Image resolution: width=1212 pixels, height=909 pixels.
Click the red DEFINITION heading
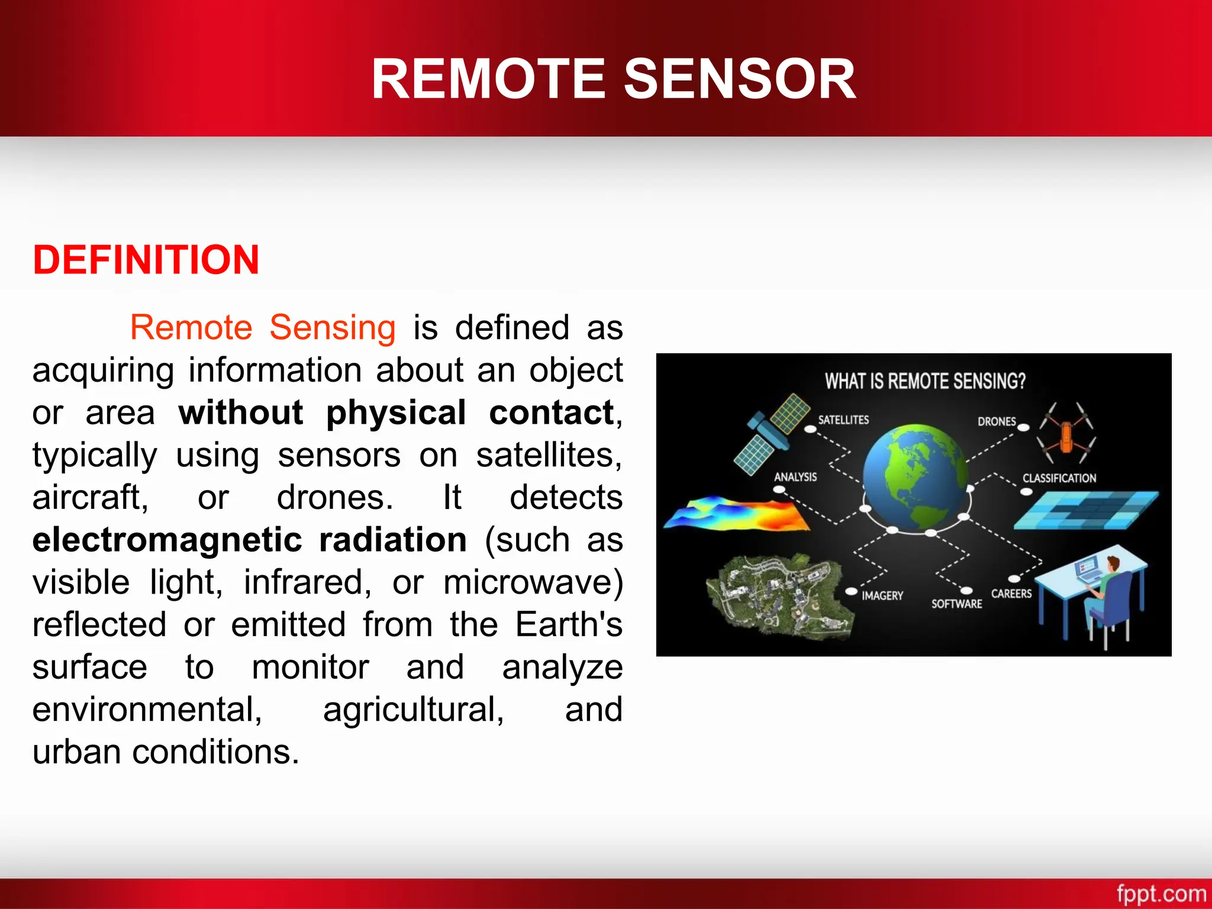pos(146,260)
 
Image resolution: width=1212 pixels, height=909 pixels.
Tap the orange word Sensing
pos(332,327)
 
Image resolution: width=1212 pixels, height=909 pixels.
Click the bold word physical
pos(396,412)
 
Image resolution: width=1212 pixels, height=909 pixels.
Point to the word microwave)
pos(533,582)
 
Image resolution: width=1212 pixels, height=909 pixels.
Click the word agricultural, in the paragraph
pos(413,710)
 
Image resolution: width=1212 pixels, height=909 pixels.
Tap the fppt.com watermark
pos(1161,893)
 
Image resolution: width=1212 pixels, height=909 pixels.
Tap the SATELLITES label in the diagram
pos(843,420)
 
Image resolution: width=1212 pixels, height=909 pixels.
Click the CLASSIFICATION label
pos(1059,478)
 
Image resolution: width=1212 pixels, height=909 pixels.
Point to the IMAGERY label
pos(882,596)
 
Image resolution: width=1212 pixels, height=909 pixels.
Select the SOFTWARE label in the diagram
pos(956,604)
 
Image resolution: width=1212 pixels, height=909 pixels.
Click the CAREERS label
pos(1011,594)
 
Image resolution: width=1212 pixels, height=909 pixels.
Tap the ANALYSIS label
pos(795,477)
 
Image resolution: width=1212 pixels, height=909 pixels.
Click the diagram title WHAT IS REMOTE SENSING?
pos(925,381)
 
